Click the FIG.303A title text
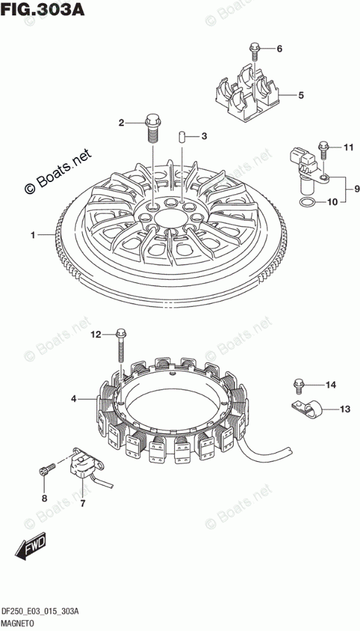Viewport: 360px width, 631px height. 43,9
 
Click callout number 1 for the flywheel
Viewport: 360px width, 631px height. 34,234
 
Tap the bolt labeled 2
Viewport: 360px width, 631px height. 153,128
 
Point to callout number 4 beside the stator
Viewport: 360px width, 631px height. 73,399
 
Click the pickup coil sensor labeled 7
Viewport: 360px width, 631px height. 86,464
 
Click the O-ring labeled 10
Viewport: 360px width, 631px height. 307,204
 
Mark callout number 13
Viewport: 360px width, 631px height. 345,409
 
